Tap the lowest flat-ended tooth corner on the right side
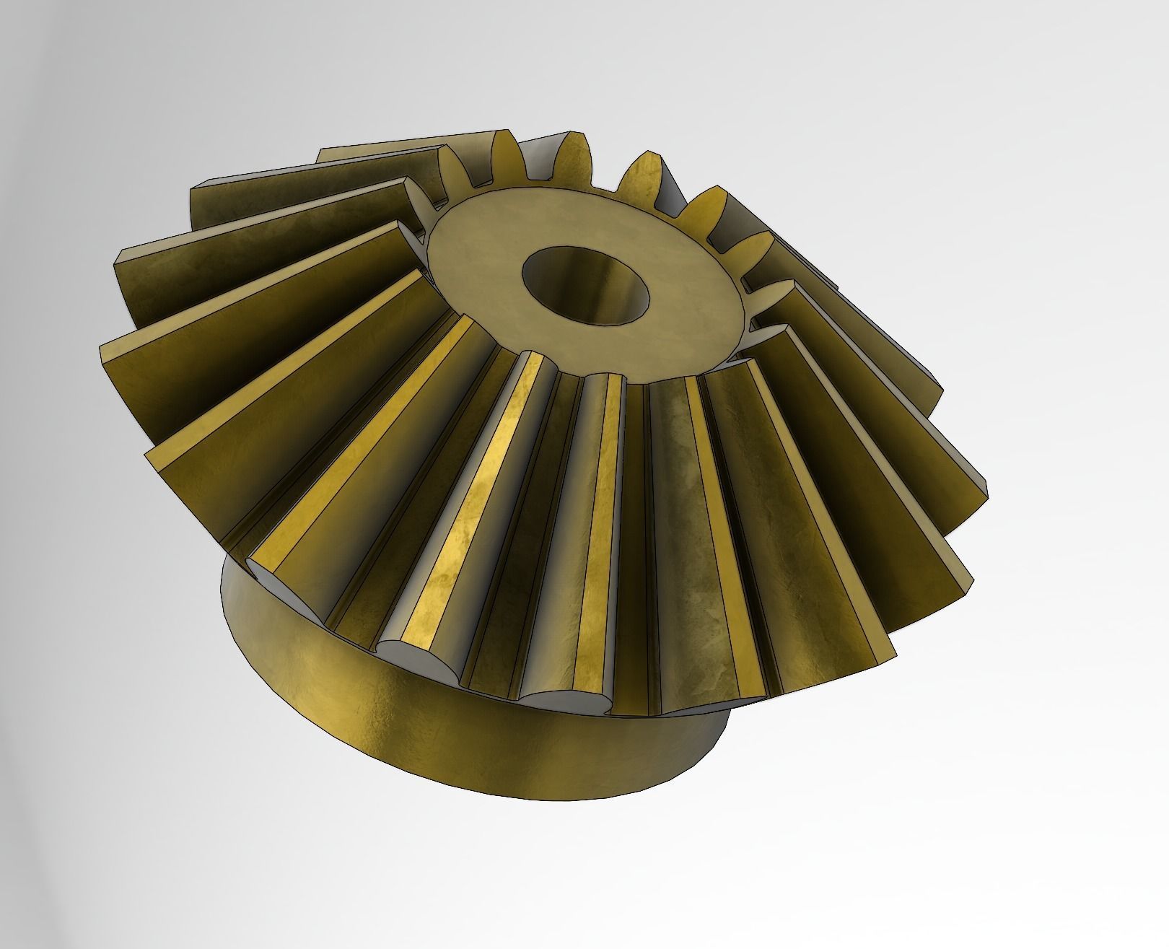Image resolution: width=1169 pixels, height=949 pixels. [895, 653]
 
